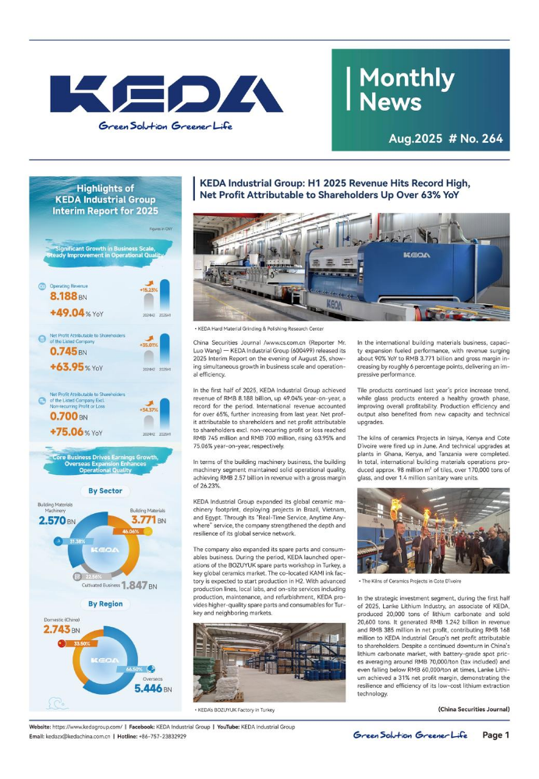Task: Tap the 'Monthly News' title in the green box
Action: tap(406, 90)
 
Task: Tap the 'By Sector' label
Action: tap(105, 491)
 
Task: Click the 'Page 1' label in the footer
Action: tap(495, 735)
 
